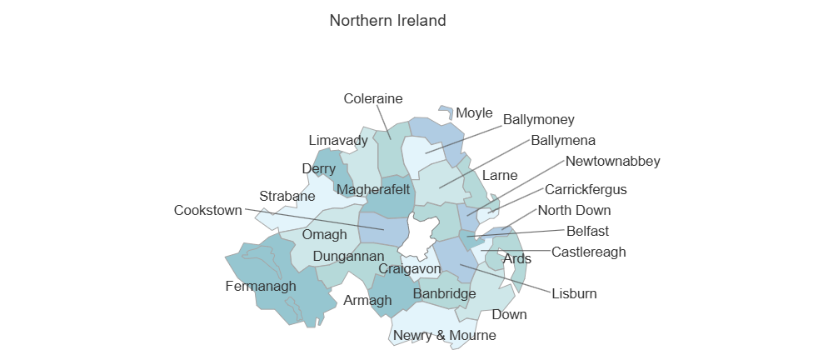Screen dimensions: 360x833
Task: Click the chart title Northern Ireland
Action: pyautogui.click(x=387, y=20)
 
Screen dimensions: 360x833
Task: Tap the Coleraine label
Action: pyautogui.click(x=373, y=98)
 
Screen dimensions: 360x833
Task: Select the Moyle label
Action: pyautogui.click(x=475, y=113)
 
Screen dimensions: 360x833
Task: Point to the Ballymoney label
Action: pyautogui.click(x=538, y=120)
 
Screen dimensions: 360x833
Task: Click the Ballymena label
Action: pyautogui.click(x=563, y=140)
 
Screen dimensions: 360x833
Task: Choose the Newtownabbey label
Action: pyautogui.click(x=612, y=161)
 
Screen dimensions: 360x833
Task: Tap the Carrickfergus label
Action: pyautogui.click(x=586, y=189)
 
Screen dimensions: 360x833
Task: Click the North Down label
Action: pyautogui.click(x=574, y=210)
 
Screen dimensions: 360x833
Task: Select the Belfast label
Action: pyautogui.click(x=588, y=231)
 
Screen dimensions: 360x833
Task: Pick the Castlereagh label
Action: pyautogui.click(x=589, y=252)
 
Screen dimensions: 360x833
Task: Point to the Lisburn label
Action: pyautogui.click(x=574, y=293)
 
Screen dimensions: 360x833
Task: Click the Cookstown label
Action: pyautogui.click(x=207, y=210)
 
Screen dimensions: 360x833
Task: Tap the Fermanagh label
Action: pyautogui.click(x=261, y=287)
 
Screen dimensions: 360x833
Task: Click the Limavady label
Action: pyautogui.click(x=338, y=140)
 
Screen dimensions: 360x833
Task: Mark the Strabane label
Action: pyautogui.click(x=287, y=197)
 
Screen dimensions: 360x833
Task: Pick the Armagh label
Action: pyautogui.click(x=367, y=300)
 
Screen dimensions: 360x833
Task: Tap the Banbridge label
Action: pyautogui.click(x=444, y=293)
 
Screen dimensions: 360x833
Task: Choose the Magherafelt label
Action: pyautogui.click(x=373, y=190)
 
